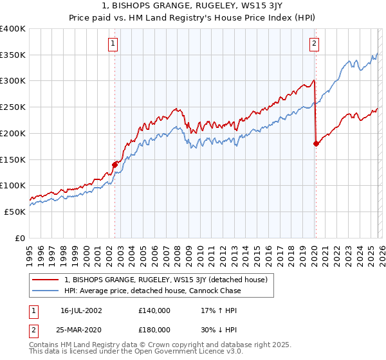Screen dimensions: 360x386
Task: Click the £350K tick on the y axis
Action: [13, 55]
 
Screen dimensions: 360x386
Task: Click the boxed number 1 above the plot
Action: [113, 44]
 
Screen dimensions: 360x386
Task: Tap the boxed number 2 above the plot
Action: [314, 44]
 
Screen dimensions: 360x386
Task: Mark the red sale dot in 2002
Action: [115, 165]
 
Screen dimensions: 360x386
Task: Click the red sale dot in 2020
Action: [316, 144]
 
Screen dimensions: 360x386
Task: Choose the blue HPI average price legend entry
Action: [152, 291]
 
